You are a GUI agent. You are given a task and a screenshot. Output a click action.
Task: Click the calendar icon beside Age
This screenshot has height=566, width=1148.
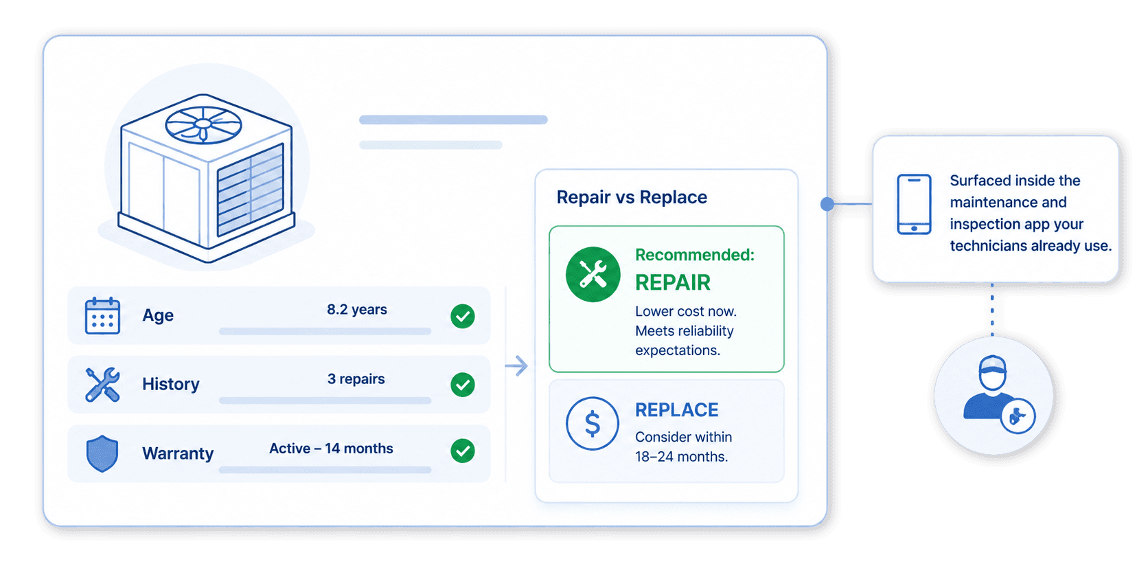pos(102,315)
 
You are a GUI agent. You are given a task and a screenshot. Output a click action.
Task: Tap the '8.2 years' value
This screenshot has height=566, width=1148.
pos(357,310)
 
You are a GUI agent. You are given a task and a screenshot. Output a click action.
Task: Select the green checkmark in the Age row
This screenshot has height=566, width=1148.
pos(463,316)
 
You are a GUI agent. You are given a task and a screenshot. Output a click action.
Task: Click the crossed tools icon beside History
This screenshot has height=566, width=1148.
pos(102,385)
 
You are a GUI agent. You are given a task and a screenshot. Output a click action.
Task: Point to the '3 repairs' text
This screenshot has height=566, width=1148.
pos(356,379)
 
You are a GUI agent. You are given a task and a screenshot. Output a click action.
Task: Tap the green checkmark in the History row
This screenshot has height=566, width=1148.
pos(463,385)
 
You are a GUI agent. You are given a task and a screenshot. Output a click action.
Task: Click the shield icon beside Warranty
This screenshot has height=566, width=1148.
pos(102,453)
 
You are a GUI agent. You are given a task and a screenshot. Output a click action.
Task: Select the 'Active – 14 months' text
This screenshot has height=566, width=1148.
pos(331,448)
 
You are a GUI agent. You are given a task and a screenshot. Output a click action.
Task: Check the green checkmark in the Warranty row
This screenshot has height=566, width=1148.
pos(463,451)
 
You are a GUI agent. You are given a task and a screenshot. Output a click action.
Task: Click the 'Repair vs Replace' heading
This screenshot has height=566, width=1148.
pos(632,197)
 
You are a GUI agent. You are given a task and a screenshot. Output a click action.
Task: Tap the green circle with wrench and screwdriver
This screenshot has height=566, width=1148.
pos(593,274)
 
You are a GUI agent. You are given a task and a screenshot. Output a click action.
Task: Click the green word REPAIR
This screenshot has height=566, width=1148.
pos(673,282)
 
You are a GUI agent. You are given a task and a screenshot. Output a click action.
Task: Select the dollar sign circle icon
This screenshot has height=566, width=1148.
pos(593,424)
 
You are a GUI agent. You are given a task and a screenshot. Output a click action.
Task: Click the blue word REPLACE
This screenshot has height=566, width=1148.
pos(676,409)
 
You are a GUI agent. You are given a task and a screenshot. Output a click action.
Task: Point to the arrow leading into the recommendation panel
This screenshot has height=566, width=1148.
pos(516,365)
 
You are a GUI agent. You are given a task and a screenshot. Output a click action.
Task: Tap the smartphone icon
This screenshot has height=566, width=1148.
pos(915,204)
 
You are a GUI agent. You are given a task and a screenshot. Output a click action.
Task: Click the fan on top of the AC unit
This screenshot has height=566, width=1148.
pos(203,125)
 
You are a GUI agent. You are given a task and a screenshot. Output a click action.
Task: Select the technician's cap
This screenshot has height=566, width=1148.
pos(993,365)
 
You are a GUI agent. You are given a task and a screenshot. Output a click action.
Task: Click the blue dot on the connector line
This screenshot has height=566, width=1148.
pos(827,204)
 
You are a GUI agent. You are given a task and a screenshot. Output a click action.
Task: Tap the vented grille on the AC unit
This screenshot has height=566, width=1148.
pos(251,190)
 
